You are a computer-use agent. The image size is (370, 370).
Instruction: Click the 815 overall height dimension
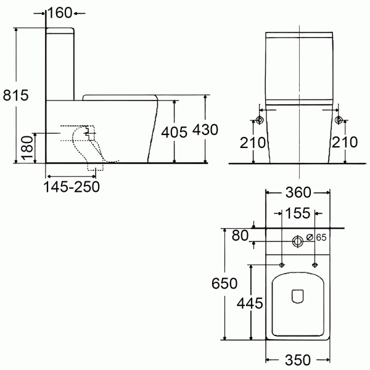(15, 95)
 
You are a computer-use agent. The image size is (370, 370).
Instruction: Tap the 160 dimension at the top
(60, 13)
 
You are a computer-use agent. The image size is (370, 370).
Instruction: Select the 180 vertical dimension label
(27, 148)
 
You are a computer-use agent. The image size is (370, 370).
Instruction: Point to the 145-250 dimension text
(72, 187)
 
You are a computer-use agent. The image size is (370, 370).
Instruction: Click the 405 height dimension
(174, 132)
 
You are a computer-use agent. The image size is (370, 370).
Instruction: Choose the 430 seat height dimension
(205, 129)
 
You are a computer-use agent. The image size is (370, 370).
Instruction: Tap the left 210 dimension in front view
(252, 142)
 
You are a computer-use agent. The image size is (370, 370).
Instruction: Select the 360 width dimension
(298, 192)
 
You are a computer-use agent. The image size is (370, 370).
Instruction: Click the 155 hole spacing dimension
(298, 213)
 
